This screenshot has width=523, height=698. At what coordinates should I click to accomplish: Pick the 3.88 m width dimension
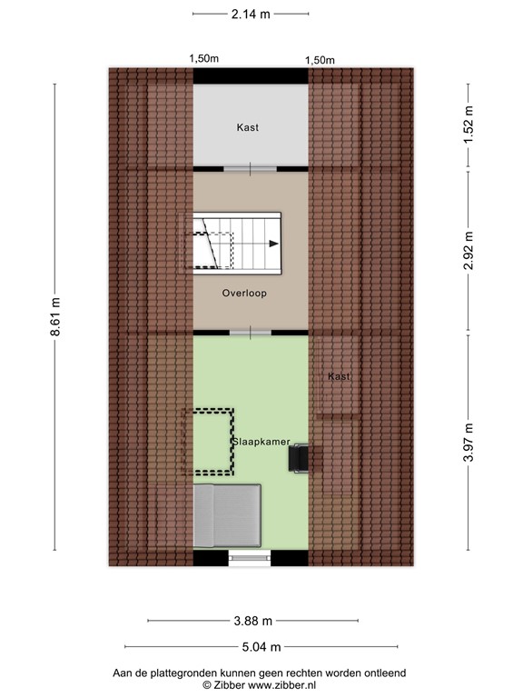[x=252, y=622]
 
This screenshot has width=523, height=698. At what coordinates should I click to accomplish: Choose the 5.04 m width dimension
[x=261, y=647]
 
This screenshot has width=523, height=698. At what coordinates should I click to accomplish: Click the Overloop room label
[x=244, y=294]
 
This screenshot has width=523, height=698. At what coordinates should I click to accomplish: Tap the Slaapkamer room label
[x=261, y=442]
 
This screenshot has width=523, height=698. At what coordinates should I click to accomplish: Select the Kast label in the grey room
[x=247, y=128]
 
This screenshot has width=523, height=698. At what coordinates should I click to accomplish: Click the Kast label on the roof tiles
[x=340, y=376]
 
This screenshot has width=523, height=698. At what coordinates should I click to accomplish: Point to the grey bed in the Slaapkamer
[x=228, y=515]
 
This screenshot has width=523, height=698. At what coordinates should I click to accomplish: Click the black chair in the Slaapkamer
[x=300, y=458]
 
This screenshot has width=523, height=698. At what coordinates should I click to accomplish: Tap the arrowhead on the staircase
[x=272, y=243]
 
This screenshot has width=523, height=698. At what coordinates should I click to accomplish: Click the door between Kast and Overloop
[x=251, y=168]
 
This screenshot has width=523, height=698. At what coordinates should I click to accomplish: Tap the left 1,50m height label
[x=203, y=59]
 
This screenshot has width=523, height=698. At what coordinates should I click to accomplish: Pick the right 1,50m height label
[x=320, y=60]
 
